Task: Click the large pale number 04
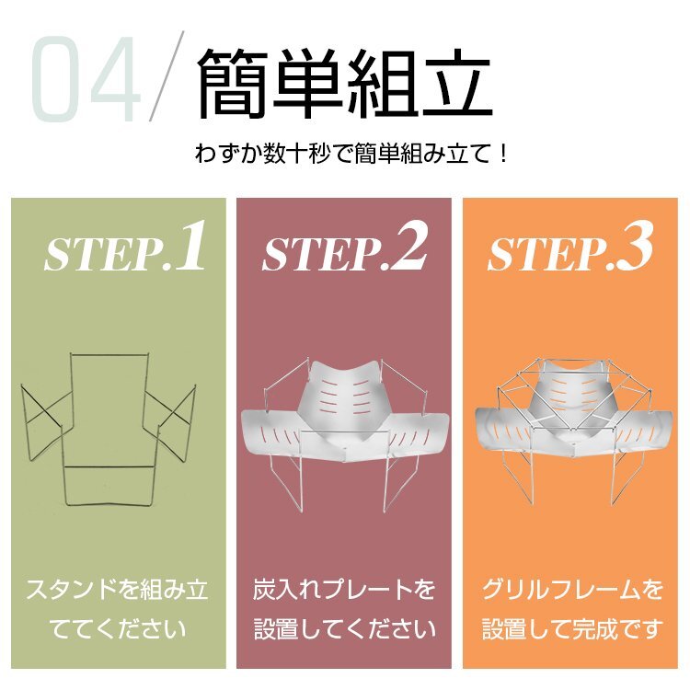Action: (85, 79)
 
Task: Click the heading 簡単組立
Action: (344, 84)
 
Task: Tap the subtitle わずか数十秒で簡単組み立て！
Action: (351, 154)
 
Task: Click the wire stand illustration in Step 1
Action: (109, 428)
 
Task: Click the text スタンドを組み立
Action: (117, 590)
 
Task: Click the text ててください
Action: (117, 628)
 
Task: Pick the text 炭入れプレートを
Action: (344, 590)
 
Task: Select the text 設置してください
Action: (344, 628)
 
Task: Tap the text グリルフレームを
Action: (572, 590)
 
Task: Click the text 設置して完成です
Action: (572, 628)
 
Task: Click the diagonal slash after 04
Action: (167, 75)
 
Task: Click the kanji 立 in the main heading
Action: (456, 84)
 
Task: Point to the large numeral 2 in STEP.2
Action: (408, 244)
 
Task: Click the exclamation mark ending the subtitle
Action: (504, 154)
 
